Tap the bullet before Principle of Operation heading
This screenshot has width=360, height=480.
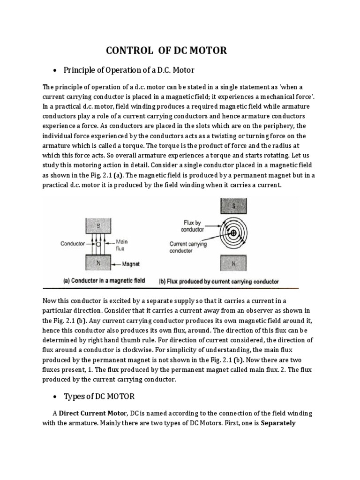point(55,71)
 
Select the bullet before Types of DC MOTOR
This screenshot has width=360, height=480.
point(55,397)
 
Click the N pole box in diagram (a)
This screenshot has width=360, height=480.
point(98,263)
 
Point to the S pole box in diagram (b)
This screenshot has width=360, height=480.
point(233,205)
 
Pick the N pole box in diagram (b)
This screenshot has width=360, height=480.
point(233,263)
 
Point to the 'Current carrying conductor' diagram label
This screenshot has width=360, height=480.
point(188,247)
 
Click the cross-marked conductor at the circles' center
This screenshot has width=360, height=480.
point(233,233)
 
